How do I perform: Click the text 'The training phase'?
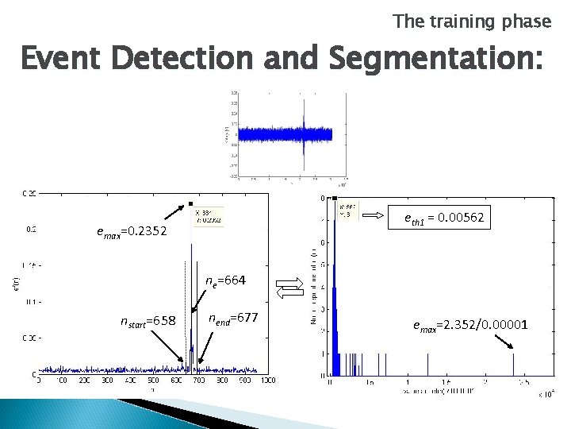pos(472,21)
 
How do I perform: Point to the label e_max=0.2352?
pos(132,232)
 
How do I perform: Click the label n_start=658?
pos(148,321)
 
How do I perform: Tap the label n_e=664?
pos(225,280)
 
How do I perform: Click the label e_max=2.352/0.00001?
pos(470,324)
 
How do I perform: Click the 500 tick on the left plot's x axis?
pos(153,381)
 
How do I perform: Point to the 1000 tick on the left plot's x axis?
pos(267,381)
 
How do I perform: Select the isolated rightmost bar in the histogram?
pos(514,364)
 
